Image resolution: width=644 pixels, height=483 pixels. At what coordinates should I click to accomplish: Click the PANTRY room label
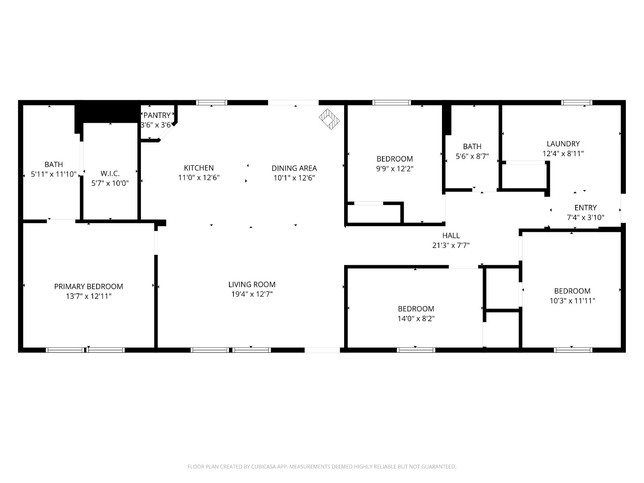click(x=157, y=116)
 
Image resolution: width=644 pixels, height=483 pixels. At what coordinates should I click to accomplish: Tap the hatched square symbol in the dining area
click(x=329, y=120)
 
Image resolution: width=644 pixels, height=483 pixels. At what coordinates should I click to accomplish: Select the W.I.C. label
click(x=110, y=173)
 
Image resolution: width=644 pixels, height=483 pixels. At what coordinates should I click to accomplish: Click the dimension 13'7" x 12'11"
click(x=89, y=296)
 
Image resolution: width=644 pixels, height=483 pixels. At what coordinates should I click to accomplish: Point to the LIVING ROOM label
click(x=252, y=285)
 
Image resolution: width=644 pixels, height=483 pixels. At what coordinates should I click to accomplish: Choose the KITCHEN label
click(x=199, y=168)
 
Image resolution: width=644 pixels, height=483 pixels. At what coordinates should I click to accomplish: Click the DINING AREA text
click(x=294, y=168)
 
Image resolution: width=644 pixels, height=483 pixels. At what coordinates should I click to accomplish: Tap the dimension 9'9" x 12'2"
click(x=394, y=169)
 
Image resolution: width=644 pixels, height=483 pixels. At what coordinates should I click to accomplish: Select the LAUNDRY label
click(x=563, y=144)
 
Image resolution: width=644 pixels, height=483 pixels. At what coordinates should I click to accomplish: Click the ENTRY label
click(x=585, y=208)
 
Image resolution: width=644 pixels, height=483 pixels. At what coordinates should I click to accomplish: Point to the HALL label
click(x=451, y=235)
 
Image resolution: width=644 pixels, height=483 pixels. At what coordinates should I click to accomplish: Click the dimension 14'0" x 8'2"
click(x=416, y=319)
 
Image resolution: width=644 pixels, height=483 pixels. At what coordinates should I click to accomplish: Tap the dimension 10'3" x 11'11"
click(x=572, y=301)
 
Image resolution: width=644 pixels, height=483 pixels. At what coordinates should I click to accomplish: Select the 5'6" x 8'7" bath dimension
click(x=472, y=156)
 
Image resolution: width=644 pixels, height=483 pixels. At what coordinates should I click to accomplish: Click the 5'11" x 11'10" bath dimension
click(x=54, y=174)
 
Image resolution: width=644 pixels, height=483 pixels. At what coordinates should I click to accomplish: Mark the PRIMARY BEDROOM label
click(x=89, y=287)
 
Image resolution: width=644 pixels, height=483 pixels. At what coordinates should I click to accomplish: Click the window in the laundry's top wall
click(x=577, y=103)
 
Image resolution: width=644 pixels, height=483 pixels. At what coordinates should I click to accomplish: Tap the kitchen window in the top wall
click(x=212, y=103)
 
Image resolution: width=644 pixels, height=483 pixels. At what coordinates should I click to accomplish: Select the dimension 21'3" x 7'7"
click(x=451, y=245)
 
